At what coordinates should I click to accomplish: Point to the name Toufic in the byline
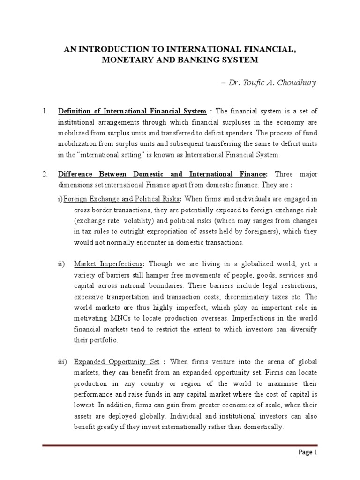pos(250,83)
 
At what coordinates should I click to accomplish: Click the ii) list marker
pos(61,263)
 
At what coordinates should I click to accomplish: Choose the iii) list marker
pos(62,362)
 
